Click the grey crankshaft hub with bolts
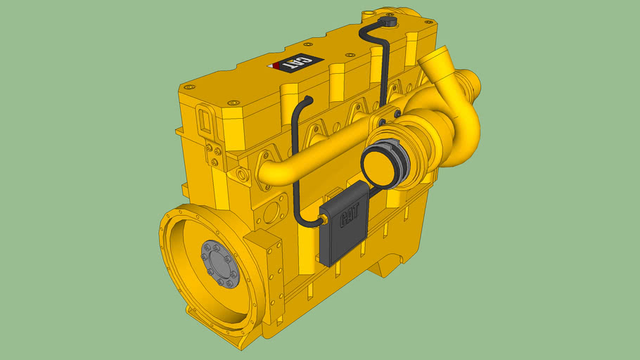(220, 264)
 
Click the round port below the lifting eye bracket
(243, 173)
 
